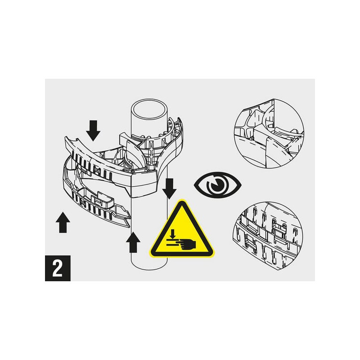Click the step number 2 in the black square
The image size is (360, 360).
click(x=58, y=268)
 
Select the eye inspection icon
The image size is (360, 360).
click(x=217, y=185)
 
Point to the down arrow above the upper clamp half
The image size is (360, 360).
click(x=93, y=130)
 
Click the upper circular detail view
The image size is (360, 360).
click(x=269, y=134)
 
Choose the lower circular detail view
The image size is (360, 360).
click(x=268, y=236)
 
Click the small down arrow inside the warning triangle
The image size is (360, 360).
click(x=173, y=234)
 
